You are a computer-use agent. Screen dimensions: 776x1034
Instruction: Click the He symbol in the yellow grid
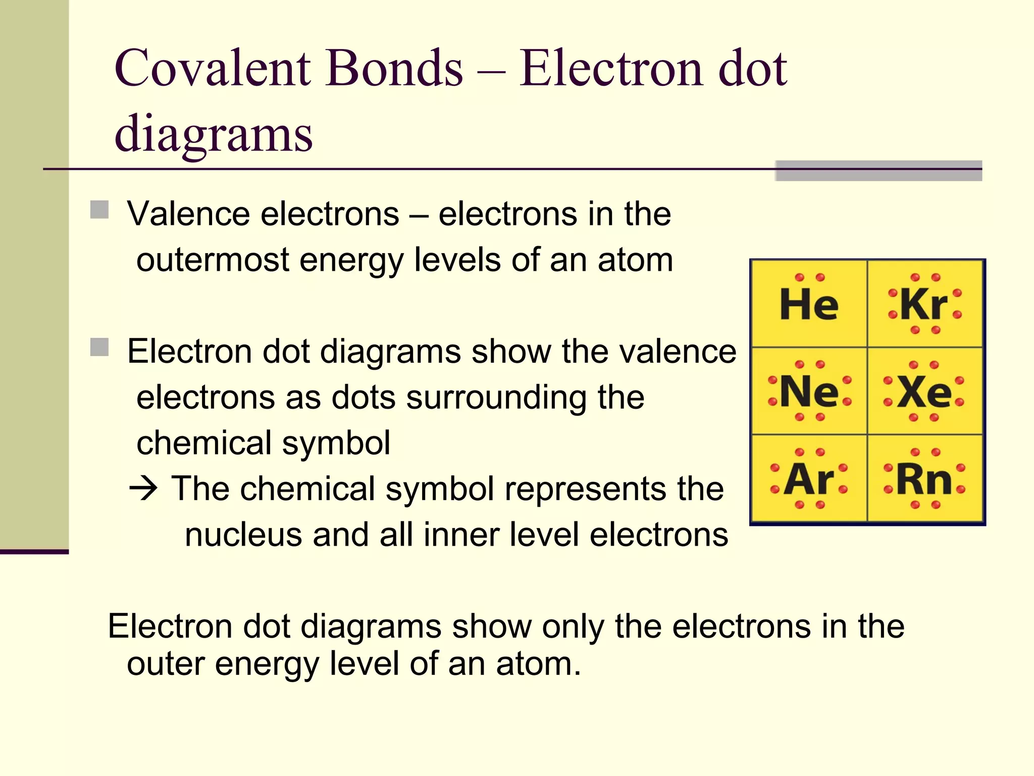[x=809, y=304]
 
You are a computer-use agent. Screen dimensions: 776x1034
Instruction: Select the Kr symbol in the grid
[x=924, y=304]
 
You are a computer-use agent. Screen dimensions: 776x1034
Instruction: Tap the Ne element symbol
[x=809, y=392]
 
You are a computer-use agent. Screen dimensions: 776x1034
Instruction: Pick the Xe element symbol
[x=924, y=392]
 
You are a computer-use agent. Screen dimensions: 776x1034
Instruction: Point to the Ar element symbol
[x=809, y=478]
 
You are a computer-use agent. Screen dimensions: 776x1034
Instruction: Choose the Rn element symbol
[x=924, y=478]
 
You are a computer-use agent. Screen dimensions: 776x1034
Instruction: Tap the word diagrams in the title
[x=214, y=134]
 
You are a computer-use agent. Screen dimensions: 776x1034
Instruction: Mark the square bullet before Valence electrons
[x=99, y=210]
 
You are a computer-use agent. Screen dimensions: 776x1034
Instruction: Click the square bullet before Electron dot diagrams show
[x=99, y=348]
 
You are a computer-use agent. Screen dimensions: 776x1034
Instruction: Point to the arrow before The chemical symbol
[x=143, y=489]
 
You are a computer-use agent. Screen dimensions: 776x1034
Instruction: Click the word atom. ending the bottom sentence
[x=538, y=663]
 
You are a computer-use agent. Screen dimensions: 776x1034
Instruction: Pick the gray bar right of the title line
[x=878, y=171]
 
